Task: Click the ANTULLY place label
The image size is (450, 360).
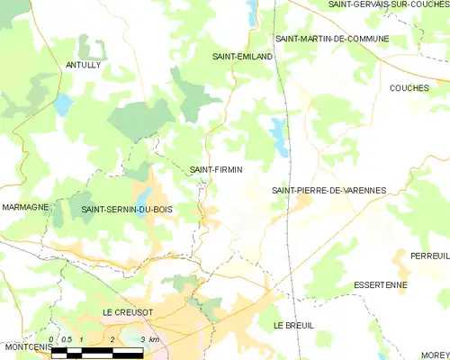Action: tap(83, 66)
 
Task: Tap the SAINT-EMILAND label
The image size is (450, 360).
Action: tap(237, 57)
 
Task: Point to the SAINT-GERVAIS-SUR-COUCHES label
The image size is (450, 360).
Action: tap(389, 4)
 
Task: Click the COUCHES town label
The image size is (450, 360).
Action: tap(409, 88)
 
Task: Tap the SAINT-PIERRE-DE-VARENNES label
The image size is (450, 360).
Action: tap(328, 191)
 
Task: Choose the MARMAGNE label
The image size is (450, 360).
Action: tap(24, 207)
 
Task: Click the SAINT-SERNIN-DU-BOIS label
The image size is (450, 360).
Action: tap(126, 210)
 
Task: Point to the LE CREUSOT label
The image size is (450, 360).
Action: tap(128, 312)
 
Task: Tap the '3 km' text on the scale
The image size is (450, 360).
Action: tap(154, 339)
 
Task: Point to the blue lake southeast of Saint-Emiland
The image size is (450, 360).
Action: tap(279, 135)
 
